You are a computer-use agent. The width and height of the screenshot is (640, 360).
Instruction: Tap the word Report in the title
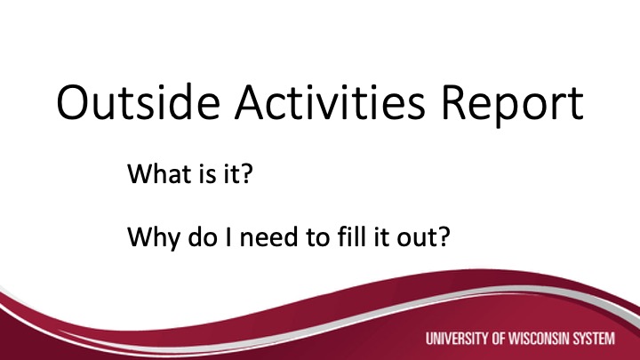tap(513, 105)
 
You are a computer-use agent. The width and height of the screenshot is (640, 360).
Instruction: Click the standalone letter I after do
tap(228, 236)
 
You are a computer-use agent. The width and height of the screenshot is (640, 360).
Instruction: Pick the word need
tap(268, 236)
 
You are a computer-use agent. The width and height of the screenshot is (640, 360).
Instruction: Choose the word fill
tap(351, 236)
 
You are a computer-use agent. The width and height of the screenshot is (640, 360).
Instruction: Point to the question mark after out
tap(444, 236)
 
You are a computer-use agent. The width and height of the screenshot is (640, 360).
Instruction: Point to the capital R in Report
tap(453, 103)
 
